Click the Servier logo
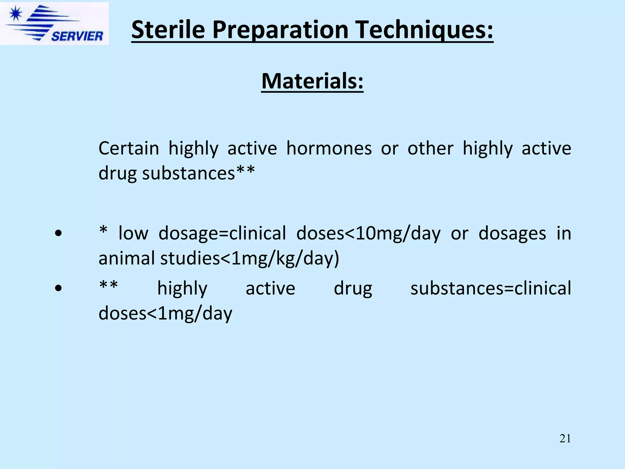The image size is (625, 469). pyautogui.click(x=54, y=24)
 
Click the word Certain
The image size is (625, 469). pyautogui.click(x=129, y=149)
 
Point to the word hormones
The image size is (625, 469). pyautogui.click(x=329, y=149)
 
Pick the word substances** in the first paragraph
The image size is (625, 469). pyautogui.click(x=198, y=173)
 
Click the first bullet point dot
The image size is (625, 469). pyautogui.click(x=58, y=234)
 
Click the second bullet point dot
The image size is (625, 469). pyautogui.click(x=58, y=288)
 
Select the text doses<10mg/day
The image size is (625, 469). pyautogui.click(x=368, y=234)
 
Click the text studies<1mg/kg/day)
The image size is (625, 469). pyautogui.click(x=250, y=258)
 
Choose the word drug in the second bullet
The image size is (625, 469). pyautogui.click(x=353, y=289)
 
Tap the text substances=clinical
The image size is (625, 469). pyautogui.click(x=490, y=289)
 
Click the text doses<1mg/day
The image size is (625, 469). pyautogui.click(x=165, y=314)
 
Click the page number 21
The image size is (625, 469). pyautogui.click(x=565, y=438)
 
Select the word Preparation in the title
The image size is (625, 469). pyautogui.click(x=280, y=30)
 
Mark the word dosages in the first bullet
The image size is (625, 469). pyautogui.click(x=512, y=234)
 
